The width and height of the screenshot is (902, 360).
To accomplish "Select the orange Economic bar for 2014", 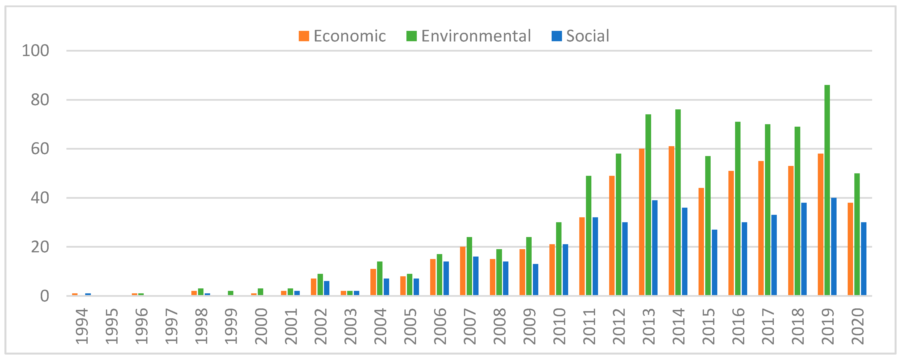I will (671, 221).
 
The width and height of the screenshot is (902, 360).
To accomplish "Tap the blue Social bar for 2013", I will (655, 248).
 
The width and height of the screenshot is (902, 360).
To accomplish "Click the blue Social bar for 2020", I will (864, 259).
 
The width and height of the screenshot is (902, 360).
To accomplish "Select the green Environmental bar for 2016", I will (738, 208).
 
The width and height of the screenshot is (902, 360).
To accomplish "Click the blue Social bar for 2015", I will (714, 263).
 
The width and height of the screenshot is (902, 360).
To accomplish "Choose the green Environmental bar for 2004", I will (380, 279).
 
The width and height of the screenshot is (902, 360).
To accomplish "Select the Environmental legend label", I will (476, 36).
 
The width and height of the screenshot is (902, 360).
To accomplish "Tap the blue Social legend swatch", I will (556, 36).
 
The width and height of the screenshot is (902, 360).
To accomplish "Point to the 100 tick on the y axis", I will (35, 51).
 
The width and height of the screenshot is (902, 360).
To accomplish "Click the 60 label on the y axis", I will (40, 149).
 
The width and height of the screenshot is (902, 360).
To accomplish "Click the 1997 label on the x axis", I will (171, 326).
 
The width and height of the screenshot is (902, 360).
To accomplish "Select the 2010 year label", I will (559, 326).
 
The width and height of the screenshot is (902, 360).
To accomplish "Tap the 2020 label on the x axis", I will (858, 326).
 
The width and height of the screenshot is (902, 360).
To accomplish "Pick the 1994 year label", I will (81, 326).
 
